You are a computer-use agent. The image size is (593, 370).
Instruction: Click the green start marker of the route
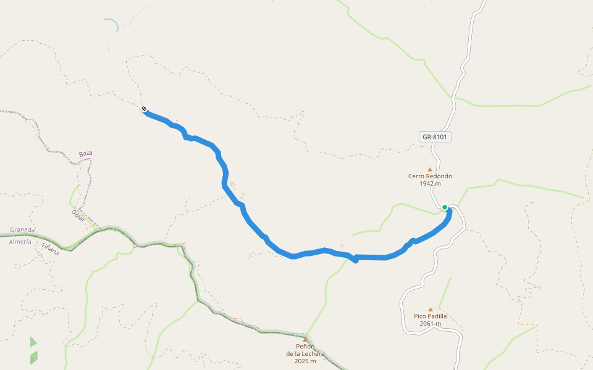click(x=445, y=207)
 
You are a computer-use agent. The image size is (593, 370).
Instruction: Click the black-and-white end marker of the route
click(x=144, y=109)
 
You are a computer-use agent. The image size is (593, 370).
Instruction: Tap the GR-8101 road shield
click(x=435, y=137)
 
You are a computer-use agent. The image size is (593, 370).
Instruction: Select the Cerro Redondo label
click(x=430, y=176)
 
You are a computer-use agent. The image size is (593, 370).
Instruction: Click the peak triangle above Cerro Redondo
click(x=430, y=169)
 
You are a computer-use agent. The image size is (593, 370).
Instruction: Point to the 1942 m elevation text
click(x=430, y=183)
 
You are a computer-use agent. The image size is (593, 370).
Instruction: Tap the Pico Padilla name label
click(x=430, y=316)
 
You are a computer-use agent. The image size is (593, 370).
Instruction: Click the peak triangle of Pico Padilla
click(x=431, y=310)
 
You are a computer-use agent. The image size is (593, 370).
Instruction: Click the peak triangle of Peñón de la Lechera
click(x=305, y=339)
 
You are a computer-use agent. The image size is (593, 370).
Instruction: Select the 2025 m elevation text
click(x=305, y=361)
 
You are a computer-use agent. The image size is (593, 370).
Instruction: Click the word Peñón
click(x=305, y=347)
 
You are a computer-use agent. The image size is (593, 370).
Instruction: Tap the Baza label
click(x=85, y=153)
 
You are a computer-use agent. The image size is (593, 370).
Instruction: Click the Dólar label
click(x=78, y=215)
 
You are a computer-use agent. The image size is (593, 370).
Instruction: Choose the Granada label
click(x=22, y=229)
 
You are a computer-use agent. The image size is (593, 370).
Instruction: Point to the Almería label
click(x=20, y=242)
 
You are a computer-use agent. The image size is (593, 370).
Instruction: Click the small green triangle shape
click(x=33, y=342)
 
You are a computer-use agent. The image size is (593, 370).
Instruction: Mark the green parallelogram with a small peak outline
click(x=33, y=357)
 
